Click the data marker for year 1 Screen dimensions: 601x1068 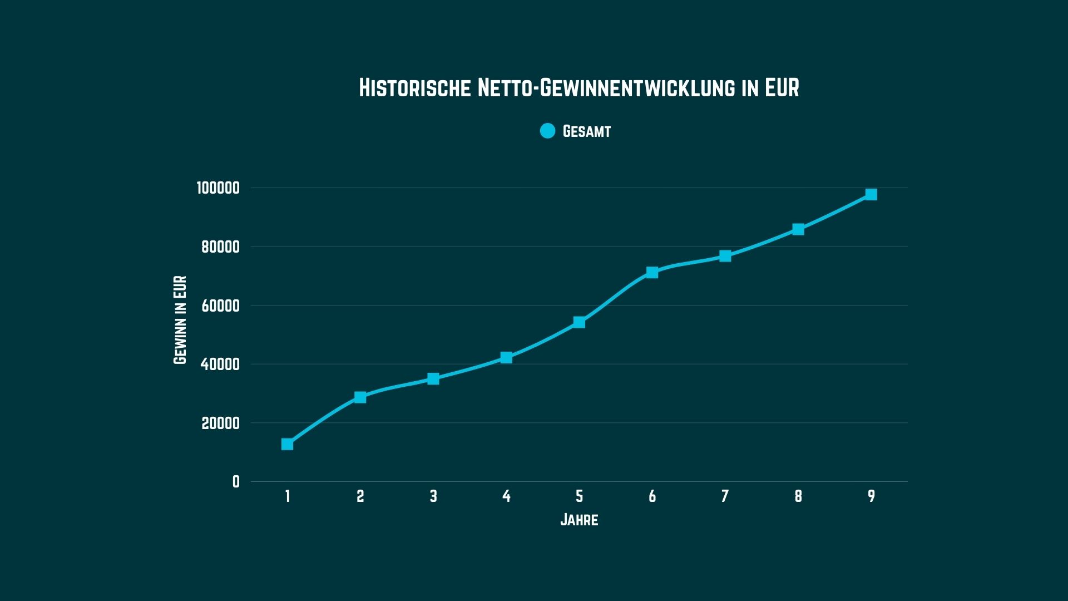coord(287,444)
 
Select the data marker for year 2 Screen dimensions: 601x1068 coord(360,397)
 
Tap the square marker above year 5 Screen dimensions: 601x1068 coord(579,322)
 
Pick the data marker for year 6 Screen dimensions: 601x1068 coord(652,272)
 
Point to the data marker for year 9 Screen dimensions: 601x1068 coord(871,194)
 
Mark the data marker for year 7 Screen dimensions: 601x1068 coord(725,256)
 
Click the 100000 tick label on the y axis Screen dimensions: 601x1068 coord(218,188)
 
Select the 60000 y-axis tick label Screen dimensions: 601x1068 coord(220,306)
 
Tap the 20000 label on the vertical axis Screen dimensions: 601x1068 coord(220,423)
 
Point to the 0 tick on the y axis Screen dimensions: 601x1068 coord(236,482)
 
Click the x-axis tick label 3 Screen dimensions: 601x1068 coord(433,496)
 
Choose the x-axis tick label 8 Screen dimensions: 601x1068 coord(798,496)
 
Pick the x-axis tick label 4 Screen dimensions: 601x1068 coord(506,496)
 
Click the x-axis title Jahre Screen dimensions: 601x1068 coord(579,520)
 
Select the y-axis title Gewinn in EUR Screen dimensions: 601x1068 coord(180,320)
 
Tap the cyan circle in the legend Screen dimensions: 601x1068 coord(547,131)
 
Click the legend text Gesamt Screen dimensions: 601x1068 coord(586,131)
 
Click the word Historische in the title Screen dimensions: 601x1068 coord(414,88)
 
